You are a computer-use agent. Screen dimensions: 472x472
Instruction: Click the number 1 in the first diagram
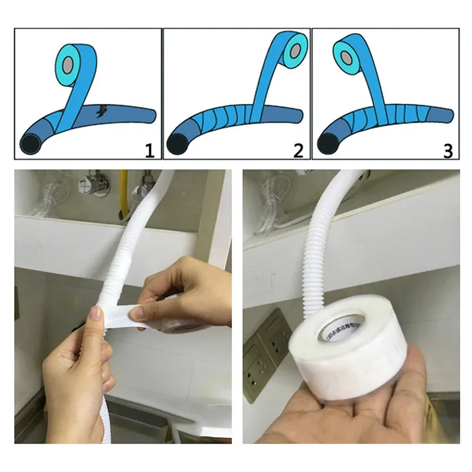149,150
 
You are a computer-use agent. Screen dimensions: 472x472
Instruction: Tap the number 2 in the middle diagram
298,150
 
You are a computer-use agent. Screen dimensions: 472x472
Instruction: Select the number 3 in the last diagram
448,150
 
